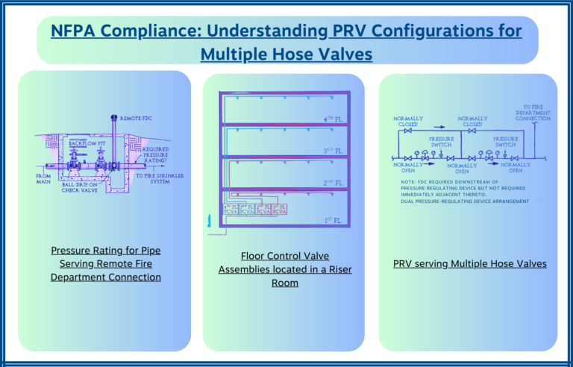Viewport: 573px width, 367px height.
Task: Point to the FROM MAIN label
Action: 43,178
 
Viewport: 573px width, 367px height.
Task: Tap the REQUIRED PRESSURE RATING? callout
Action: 154,154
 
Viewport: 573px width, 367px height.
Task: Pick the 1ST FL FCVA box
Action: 279,209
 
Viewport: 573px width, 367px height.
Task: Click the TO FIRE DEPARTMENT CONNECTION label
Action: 533,113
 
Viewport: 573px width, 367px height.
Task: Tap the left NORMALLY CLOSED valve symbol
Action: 407,132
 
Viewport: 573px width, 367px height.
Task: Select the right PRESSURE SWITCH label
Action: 505,141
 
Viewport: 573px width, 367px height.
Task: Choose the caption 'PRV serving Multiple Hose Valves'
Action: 469,263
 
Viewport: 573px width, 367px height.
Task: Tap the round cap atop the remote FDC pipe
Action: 113,118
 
